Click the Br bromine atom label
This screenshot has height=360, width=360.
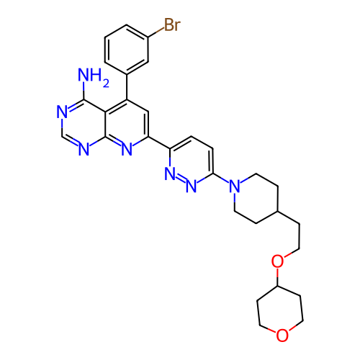pos(172,24)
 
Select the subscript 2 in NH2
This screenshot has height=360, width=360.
pos(106,83)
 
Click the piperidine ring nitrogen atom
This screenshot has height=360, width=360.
pos(235,186)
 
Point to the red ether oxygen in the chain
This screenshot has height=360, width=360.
pos(277,261)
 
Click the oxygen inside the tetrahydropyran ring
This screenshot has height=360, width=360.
pos(282,336)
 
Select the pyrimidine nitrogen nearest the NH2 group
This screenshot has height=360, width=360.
pos(62,112)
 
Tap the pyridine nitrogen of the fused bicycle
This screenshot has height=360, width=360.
pos(127,149)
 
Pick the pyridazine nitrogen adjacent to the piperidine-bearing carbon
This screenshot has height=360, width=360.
pos(192,186)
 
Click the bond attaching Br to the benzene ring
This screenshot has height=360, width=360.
pos(156,32)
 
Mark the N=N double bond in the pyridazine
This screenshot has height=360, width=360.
pos(181,180)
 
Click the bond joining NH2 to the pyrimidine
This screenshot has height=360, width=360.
pos(84,91)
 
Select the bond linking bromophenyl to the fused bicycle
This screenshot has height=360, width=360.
pos(127,86)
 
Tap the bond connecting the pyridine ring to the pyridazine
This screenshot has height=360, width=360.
pos(159,143)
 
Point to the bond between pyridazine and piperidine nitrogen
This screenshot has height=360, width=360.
pos(221,179)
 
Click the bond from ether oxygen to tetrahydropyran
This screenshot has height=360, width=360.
pos(277,277)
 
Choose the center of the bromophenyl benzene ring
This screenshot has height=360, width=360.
pos(127,50)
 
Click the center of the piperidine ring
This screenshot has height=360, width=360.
pos(256,199)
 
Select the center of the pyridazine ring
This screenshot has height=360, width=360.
pos(192,161)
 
